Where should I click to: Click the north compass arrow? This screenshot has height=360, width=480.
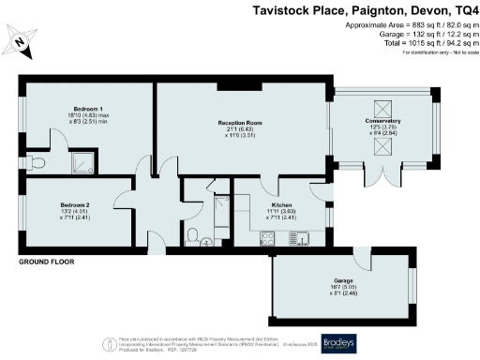20,40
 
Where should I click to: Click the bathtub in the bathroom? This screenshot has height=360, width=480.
222,215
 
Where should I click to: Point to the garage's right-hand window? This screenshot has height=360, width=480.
412,282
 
